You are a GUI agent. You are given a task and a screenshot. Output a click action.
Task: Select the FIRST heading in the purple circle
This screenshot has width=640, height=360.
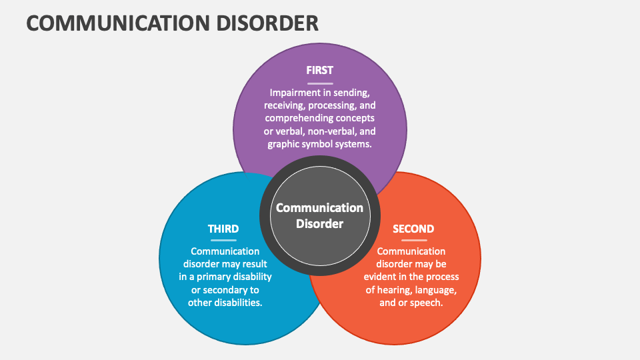[x=319, y=70]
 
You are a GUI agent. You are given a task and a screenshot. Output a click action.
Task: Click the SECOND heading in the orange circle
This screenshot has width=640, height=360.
[x=413, y=229]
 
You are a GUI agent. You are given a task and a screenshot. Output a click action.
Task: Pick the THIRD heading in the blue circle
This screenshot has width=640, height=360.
[x=223, y=229]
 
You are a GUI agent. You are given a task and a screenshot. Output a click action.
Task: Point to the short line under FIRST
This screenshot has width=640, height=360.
[x=319, y=83]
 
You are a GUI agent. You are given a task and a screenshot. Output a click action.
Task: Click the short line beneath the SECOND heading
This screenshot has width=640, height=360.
[x=413, y=241]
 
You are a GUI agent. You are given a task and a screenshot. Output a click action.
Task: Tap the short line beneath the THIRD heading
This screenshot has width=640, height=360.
[x=223, y=241]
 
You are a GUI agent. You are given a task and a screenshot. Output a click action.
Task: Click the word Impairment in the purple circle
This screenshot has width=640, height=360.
[x=295, y=93]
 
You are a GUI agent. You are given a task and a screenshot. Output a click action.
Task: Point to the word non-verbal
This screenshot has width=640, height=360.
[x=321, y=131]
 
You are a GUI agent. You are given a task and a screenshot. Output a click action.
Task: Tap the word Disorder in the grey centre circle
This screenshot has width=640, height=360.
[x=319, y=224]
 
